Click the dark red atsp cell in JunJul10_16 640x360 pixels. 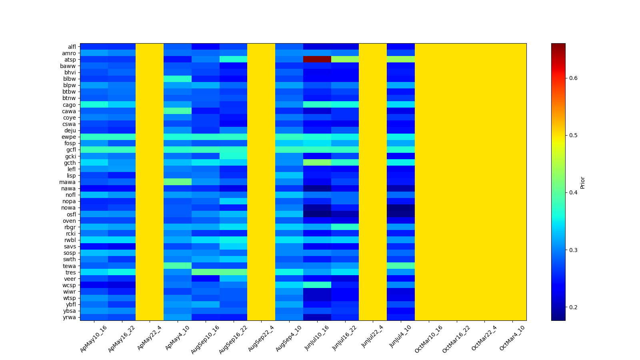(317, 59)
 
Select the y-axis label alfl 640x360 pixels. (72, 47)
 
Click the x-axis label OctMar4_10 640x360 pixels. (512, 338)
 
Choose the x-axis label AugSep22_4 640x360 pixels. (261, 338)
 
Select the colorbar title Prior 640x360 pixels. (582, 182)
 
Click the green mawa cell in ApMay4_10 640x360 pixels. (178, 182)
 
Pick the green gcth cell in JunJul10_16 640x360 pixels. (317, 162)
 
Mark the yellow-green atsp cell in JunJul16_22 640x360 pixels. (345, 59)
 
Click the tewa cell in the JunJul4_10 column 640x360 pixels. (401, 266)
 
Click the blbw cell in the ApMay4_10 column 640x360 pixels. (178, 79)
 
